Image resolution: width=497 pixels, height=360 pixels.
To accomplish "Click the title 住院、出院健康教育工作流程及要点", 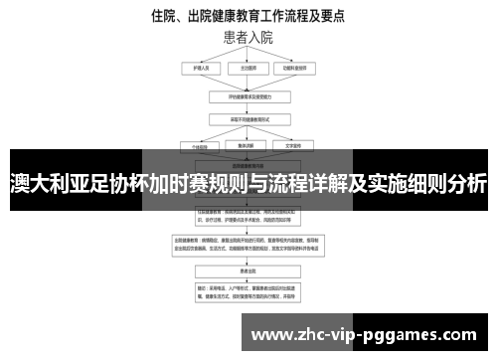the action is [248, 16].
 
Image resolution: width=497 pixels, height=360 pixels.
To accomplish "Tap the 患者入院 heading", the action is [248, 38].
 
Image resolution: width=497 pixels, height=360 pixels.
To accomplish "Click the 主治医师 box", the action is [248, 69].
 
